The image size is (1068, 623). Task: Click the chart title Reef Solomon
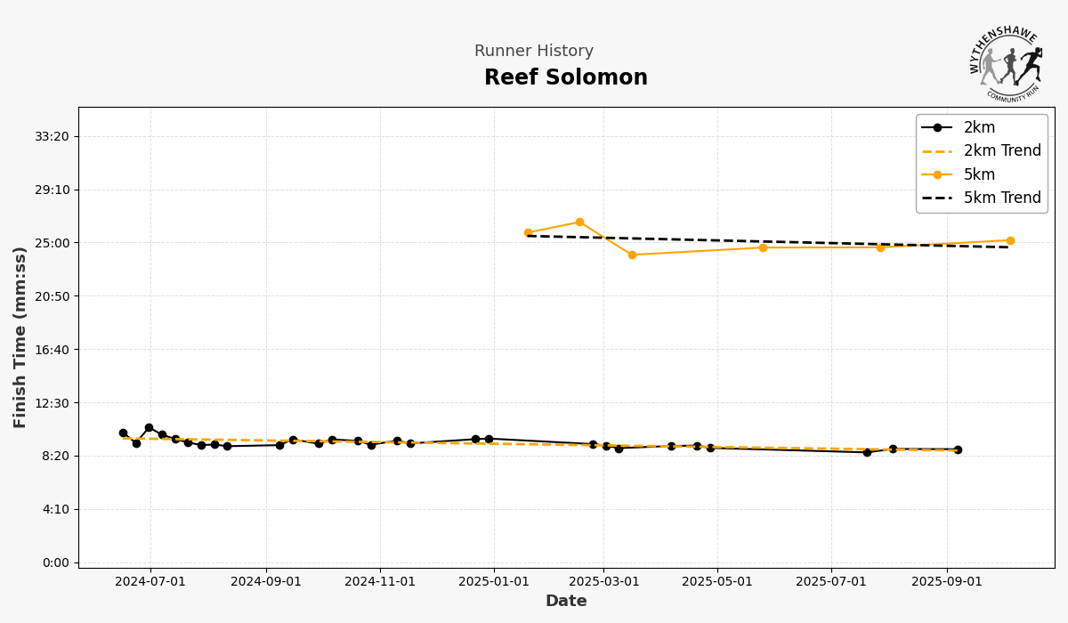(x=565, y=78)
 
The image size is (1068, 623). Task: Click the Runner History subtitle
(x=533, y=52)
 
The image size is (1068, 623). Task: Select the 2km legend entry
(x=979, y=127)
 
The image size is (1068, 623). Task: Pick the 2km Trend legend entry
(x=1001, y=151)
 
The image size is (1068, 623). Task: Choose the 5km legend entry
(x=979, y=174)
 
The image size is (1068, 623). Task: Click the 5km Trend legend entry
(x=1001, y=198)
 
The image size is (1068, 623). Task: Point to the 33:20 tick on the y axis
(x=53, y=136)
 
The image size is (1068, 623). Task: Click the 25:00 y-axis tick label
(x=53, y=243)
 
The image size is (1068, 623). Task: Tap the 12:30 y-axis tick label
(x=53, y=403)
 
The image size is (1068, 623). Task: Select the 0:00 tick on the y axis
(x=55, y=562)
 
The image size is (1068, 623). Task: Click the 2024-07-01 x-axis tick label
(x=150, y=582)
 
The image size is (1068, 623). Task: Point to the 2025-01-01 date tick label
(x=494, y=582)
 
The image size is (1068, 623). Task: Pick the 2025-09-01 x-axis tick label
(x=947, y=582)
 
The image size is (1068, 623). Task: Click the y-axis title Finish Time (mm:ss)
(x=20, y=336)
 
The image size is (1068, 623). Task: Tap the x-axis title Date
(x=566, y=602)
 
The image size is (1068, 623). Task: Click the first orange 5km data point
(x=528, y=233)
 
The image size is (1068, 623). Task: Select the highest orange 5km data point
(x=579, y=222)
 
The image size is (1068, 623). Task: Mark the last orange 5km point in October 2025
(x=1010, y=240)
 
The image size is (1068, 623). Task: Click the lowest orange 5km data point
(x=632, y=255)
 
